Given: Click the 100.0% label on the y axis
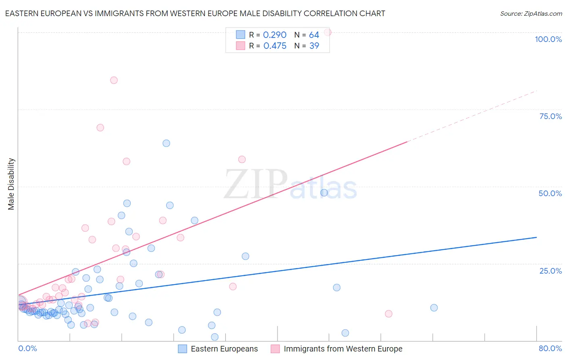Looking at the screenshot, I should point(548,39).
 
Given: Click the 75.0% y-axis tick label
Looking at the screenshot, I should point(550,116).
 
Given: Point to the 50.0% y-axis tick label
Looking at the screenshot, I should point(550,193).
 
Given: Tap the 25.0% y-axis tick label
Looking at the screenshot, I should point(550,271).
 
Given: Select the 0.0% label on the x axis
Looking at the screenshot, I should point(27,348).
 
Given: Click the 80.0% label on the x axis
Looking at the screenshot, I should point(550,348).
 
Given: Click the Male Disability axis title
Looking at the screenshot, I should point(11,184).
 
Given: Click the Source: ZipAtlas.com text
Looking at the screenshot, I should point(531,14).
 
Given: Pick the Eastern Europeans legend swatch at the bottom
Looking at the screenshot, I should point(183,349).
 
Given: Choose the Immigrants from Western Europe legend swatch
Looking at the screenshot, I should point(275,349).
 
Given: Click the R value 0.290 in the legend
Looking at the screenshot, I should point(275,35).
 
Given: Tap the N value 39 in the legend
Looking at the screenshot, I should point(314,46).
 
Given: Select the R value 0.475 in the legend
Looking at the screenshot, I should point(275,46).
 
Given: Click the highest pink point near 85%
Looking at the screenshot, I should point(114,80).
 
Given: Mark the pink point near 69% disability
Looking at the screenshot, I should point(100,128).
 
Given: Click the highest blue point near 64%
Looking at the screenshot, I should point(166,143).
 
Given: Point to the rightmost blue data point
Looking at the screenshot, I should point(434,308).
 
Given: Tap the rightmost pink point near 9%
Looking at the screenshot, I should point(388,314).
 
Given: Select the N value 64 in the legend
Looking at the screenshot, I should point(314,35).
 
